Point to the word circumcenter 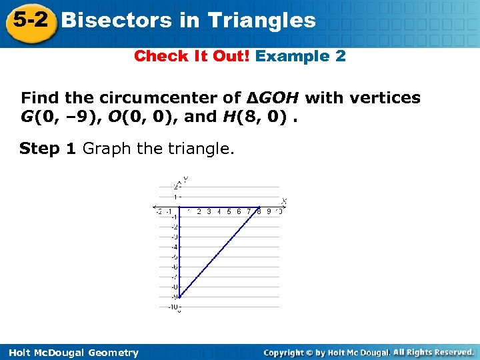coord(173,98)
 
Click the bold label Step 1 coord(49,148)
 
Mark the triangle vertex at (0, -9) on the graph coord(179,297)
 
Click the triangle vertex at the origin coord(179,207)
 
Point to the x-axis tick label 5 coord(229,212)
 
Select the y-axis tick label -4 coord(173,247)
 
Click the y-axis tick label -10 coord(172,307)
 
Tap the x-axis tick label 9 coord(269,212)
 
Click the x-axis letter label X coord(283,201)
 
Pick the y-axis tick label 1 coord(175,197)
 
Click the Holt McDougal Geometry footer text coord(70,353)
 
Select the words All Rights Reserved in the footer coord(433,352)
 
